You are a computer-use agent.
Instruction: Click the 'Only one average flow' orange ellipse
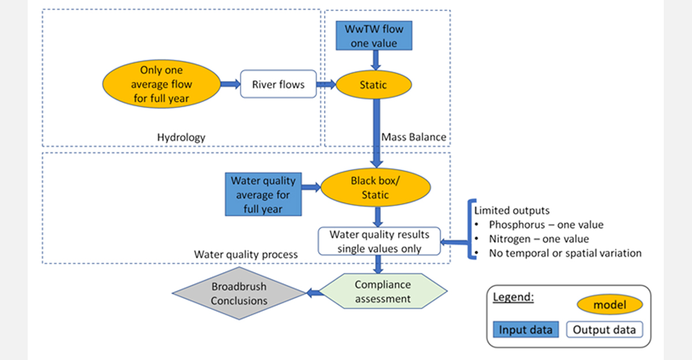pos(161,84)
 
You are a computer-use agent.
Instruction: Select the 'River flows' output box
pos(277,84)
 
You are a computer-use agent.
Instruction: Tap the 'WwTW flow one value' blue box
pos(374,35)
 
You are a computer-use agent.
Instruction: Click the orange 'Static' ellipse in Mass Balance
pos(374,85)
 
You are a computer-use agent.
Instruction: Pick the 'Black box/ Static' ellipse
pos(375,187)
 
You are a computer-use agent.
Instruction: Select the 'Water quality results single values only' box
pos(379,241)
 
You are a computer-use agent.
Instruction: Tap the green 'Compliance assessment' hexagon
pos(383,291)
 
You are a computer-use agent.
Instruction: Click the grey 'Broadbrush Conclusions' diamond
pos(239,293)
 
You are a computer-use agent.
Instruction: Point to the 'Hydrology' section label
pos(181,137)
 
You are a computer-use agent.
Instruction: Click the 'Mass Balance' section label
pos(413,137)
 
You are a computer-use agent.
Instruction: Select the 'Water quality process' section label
pos(246,254)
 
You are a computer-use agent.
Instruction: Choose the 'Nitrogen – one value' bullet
pos(539,238)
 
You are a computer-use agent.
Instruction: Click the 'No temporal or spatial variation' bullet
pos(565,253)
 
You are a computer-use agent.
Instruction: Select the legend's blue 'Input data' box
pos(525,329)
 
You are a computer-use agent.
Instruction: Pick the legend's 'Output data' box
pos(604,329)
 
